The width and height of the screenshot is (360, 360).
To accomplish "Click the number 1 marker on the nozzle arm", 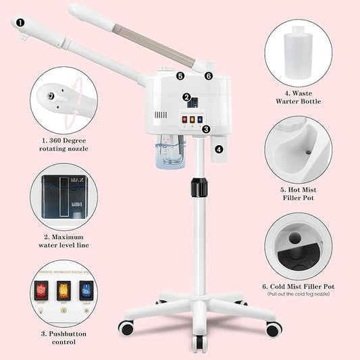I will click(x=20, y=22).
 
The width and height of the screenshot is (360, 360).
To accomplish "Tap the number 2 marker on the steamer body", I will click(x=186, y=97).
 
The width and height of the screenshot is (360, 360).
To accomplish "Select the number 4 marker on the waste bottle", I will click(x=219, y=148).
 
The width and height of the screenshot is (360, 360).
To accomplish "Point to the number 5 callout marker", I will click(x=180, y=76).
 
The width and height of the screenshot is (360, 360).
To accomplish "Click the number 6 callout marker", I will click(x=208, y=76).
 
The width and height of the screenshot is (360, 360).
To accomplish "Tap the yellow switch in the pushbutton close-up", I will click(x=64, y=292).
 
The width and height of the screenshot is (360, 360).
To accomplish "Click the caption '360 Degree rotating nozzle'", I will click(x=64, y=143).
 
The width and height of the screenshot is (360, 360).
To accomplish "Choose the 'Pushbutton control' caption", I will click(x=64, y=338).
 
